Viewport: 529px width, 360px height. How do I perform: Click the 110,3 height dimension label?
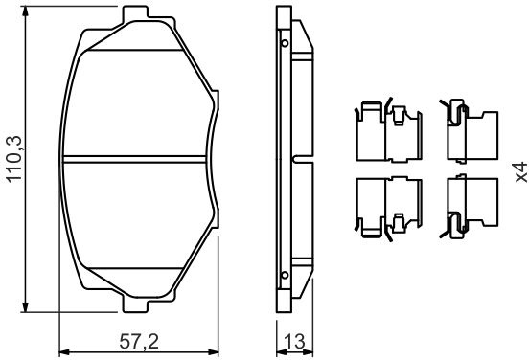14,159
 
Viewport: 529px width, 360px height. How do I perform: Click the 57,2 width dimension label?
139,342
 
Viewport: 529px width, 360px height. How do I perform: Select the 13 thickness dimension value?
294,342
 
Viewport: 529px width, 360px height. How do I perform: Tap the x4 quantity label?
521,172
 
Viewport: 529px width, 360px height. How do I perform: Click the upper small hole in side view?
285,43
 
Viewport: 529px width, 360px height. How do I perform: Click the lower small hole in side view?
285,275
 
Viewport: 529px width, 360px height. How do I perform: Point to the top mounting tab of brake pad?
135,13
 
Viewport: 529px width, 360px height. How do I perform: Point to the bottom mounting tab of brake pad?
135,305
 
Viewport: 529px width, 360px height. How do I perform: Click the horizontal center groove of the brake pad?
134,159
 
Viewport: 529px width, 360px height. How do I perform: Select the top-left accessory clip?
388,130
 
